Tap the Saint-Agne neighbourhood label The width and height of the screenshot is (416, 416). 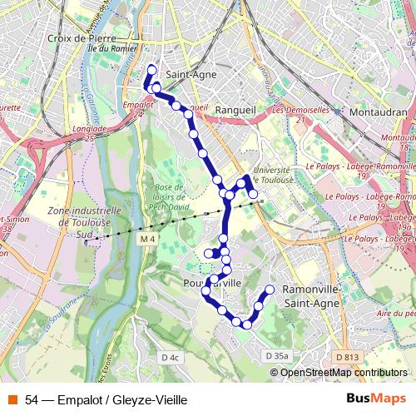click(x=192, y=74)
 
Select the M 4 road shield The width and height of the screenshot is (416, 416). click(x=148, y=240)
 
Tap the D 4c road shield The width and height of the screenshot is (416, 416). click(x=170, y=357)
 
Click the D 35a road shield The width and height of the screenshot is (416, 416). click(x=279, y=356)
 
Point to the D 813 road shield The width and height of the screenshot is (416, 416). click(x=349, y=356)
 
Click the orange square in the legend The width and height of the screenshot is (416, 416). click(x=11, y=399)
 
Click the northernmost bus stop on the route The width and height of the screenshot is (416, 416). click(x=151, y=70)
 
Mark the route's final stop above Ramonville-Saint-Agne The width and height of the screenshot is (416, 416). click(x=270, y=290)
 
